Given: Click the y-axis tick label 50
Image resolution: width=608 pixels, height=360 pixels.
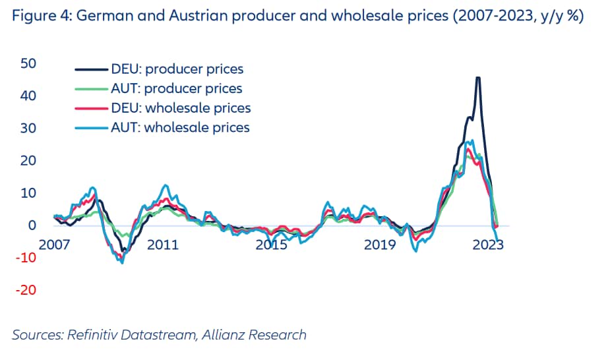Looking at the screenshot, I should coord(27,64).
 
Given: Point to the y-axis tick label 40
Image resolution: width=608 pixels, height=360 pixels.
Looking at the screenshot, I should coord(27,96).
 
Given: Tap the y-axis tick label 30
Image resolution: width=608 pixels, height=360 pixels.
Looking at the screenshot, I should coord(27,129).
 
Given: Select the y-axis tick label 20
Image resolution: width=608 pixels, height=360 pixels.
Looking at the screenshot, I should coord(27,161).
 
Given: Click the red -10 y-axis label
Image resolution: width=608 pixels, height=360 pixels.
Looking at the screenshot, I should coord(26,258).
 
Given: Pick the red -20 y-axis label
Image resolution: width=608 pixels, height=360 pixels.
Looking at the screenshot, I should coord(26,290).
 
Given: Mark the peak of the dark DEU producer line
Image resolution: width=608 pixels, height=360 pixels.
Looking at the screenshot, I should coord(478,78).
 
